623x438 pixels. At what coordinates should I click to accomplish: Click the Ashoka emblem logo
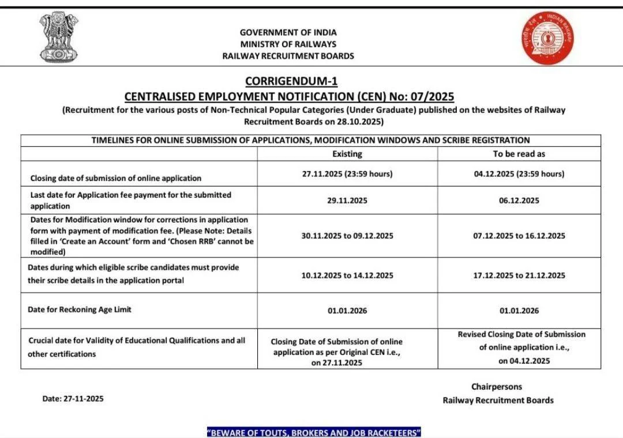tap(59, 37)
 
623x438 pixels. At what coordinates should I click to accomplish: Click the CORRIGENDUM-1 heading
tap(291, 81)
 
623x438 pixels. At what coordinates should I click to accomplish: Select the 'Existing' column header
tap(347, 154)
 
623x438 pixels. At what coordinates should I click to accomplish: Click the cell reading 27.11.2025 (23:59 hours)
tap(347, 174)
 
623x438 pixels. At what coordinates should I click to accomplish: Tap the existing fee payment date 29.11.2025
tap(347, 201)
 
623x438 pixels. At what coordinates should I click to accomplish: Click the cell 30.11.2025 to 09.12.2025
tap(347, 236)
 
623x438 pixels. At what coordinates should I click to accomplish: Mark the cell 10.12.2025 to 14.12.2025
tap(347, 275)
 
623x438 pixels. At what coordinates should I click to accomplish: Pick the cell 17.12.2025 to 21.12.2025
tap(519, 275)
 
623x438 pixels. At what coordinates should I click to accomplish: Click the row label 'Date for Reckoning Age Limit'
tap(80, 309)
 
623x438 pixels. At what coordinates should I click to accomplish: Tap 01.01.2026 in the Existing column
tap(347, 311)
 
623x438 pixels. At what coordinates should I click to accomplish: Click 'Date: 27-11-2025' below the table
tap(73, 398)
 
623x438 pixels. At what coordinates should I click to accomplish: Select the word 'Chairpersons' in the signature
tap(497, 387)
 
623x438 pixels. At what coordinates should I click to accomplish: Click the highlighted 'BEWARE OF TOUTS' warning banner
tap(314, 432)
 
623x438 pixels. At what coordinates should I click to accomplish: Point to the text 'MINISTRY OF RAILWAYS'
tap(288, 44)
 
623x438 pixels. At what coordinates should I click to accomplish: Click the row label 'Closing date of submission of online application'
tap(116, 178)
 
